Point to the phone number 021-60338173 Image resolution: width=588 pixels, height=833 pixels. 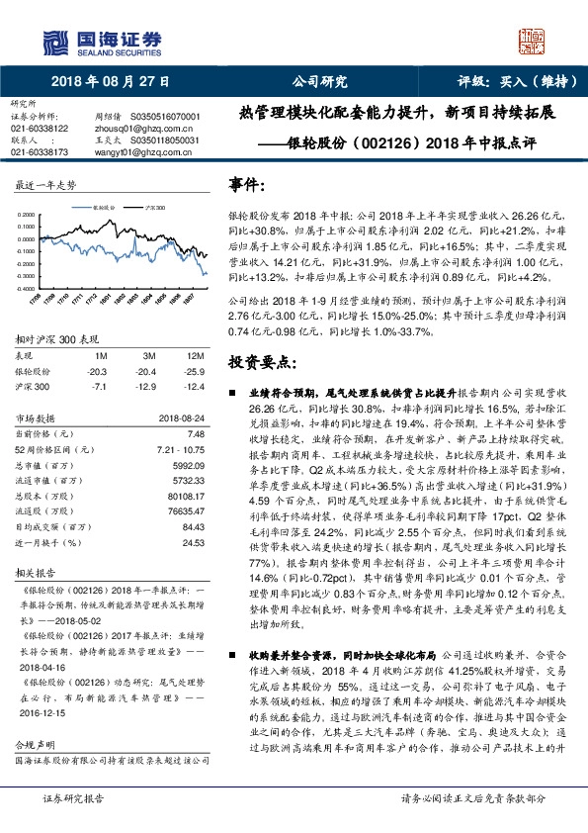click(x=39, y=152)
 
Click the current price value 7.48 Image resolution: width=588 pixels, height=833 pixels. click(x=194, y=433)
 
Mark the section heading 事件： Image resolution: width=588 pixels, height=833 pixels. click(x=246, y=185)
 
